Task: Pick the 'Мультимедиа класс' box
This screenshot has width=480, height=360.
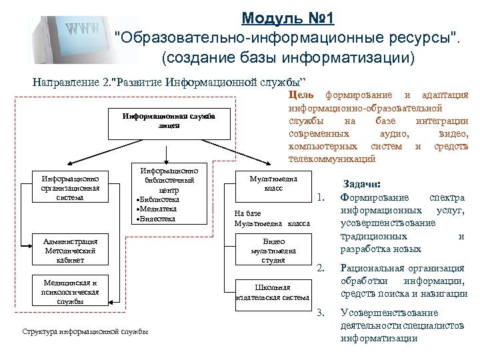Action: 273,183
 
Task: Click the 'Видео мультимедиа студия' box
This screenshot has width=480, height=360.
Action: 273,250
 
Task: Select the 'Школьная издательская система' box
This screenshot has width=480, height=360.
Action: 273,292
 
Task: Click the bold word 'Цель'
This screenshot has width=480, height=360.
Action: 301,95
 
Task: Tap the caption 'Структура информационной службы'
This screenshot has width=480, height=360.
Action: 85,331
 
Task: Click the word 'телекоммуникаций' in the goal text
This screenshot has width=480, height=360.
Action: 331,159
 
